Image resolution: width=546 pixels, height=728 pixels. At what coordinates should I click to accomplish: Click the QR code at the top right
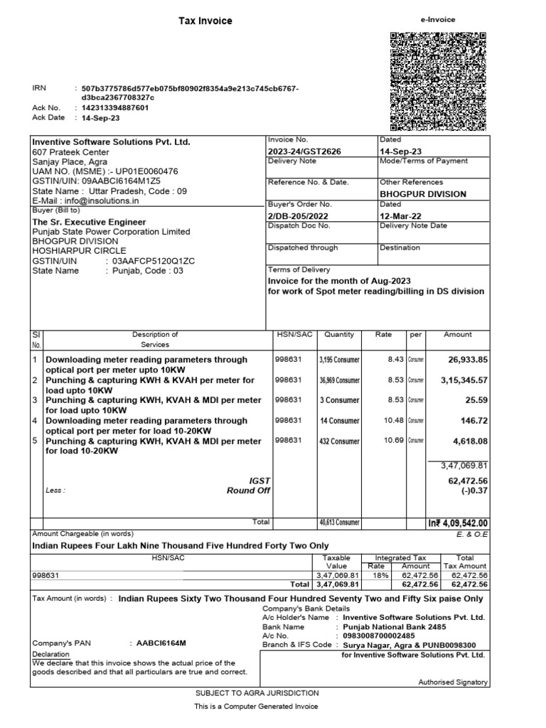(439, 82)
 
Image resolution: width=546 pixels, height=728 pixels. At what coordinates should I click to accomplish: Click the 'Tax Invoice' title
(205, 21)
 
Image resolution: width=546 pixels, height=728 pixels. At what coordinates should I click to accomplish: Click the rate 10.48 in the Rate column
(394, 421)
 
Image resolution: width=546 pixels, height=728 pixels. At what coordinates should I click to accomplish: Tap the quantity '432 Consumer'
(340, 441)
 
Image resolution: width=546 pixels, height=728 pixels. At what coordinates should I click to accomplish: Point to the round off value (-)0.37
(474, 491)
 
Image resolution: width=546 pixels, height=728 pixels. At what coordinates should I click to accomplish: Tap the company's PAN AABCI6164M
(161, 643)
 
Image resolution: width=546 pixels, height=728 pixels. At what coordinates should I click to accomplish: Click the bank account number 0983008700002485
(380, 636)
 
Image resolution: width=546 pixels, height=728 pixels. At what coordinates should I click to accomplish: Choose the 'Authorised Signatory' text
(452, 682)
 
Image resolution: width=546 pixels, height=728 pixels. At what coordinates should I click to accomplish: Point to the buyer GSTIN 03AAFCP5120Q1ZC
(149, 261)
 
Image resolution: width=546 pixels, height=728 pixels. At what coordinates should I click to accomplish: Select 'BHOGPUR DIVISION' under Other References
(423, 194)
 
